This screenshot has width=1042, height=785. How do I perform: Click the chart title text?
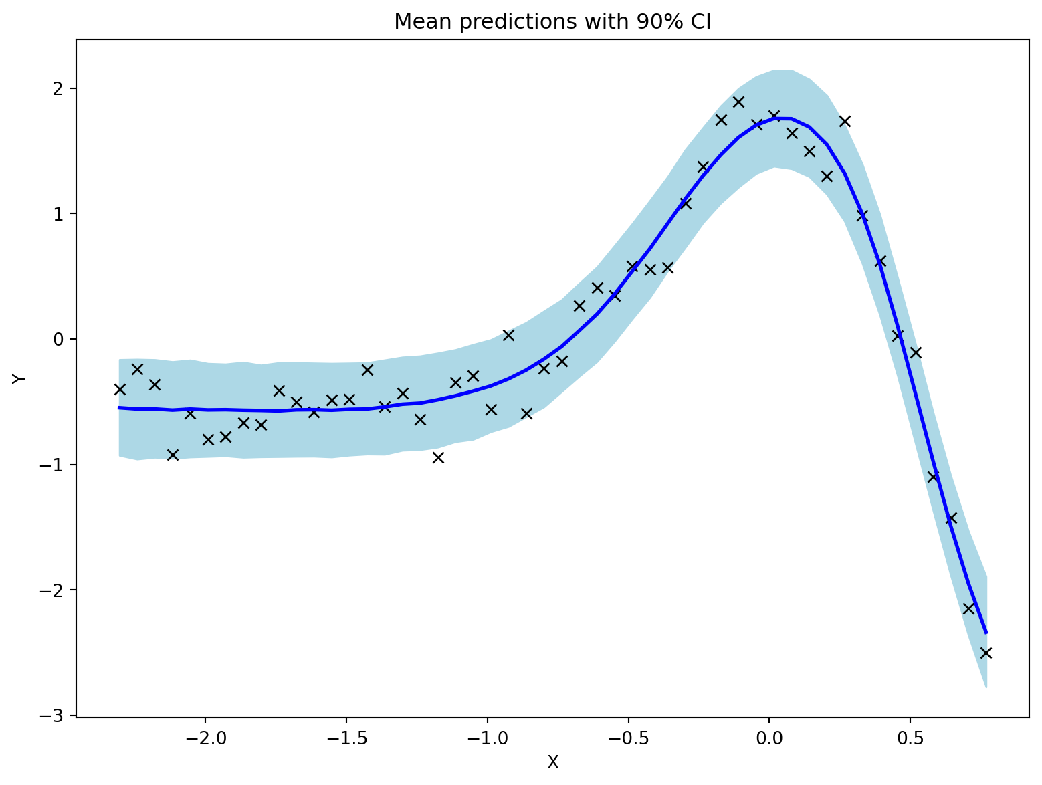552,22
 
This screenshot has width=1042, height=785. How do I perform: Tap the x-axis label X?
552,762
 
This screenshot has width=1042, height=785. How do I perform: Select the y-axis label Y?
19,378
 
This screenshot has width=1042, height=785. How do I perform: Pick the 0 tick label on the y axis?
58,340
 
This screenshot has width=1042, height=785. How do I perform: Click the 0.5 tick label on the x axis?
910,738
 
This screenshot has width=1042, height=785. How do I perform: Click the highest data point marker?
738,102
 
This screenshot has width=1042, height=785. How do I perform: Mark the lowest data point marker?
986,653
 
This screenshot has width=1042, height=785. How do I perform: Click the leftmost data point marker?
120,390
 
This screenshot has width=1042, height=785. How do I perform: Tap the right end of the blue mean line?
986,633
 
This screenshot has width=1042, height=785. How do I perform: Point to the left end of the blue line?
118,408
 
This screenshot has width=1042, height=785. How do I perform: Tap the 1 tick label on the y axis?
58,214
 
